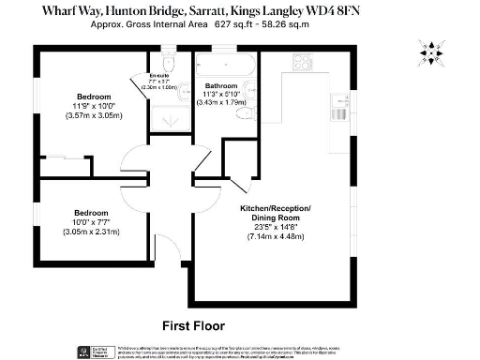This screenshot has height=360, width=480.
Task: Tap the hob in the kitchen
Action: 303,63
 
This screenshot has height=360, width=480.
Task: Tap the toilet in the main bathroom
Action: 243,113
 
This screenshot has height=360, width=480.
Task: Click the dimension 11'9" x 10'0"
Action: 94,106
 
